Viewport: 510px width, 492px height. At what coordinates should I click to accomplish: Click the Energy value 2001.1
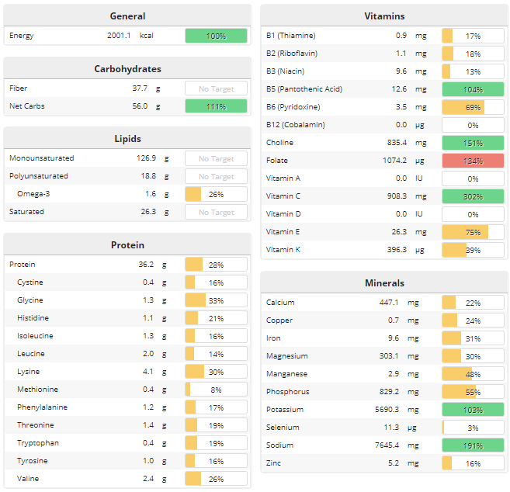120,36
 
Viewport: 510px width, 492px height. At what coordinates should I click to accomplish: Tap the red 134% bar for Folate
473,161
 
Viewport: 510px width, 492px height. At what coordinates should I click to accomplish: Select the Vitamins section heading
384,16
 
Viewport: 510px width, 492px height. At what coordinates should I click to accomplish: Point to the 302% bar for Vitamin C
473,196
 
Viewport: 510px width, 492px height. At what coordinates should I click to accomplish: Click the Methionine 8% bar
216,390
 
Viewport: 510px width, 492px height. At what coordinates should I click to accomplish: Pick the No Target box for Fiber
216,88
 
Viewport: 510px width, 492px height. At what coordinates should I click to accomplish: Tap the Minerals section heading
384,283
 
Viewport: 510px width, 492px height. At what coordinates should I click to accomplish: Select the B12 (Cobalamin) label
295,125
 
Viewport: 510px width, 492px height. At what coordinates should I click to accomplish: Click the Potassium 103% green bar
473,410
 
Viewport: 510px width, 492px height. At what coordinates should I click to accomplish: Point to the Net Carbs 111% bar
216,106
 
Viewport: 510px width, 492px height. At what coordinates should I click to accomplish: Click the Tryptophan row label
37,443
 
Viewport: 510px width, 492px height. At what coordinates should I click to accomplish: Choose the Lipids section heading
127,139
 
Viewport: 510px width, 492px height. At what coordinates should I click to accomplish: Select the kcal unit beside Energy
147,36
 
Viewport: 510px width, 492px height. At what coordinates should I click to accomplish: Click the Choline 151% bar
473,143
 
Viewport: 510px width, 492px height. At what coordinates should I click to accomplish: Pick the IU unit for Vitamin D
420,214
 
